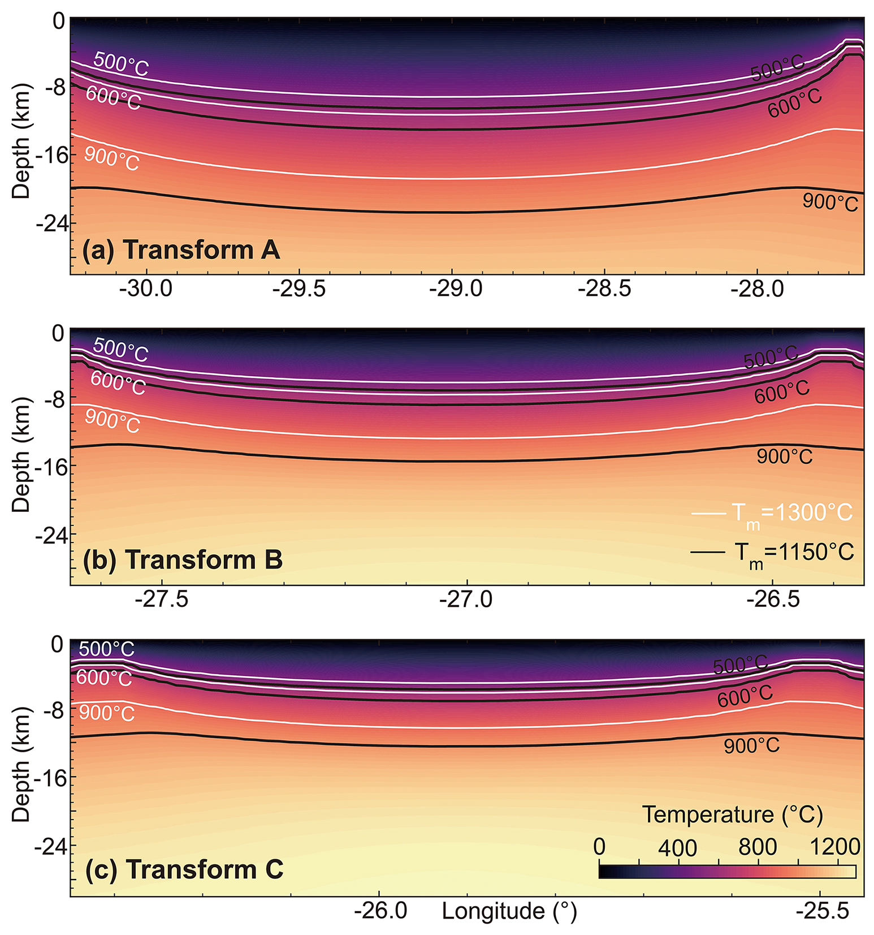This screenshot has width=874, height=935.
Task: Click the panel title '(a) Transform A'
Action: (181, 249)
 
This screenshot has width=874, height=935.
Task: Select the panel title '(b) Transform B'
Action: (183, 559)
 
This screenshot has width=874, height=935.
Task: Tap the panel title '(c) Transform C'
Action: (184, 869)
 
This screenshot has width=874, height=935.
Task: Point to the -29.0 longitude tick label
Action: (456, 288)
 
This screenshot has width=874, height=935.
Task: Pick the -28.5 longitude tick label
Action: (604, 288)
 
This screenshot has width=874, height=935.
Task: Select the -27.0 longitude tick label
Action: (466, 598)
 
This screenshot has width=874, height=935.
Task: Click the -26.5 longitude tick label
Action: (773, 598)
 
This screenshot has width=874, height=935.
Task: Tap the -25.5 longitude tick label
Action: (823, 911)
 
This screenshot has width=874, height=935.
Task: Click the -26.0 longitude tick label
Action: (380, 911)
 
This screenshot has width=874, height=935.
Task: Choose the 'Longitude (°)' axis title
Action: (509, 911)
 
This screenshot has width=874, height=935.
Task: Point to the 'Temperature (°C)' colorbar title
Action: (732, 815)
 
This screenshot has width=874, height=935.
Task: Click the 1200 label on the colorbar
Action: (835, 847)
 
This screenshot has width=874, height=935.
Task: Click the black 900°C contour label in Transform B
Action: (784, 456)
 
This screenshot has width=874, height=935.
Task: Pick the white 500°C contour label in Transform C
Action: (106, 649)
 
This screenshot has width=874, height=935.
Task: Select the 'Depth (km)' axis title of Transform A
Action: (21, 141)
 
